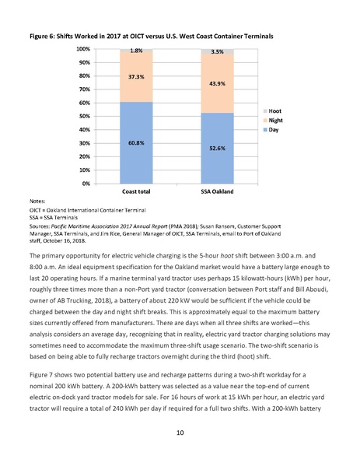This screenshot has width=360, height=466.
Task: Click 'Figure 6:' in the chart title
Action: (x=44, y=37)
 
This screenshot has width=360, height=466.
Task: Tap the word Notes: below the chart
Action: (x=38, y=201)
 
